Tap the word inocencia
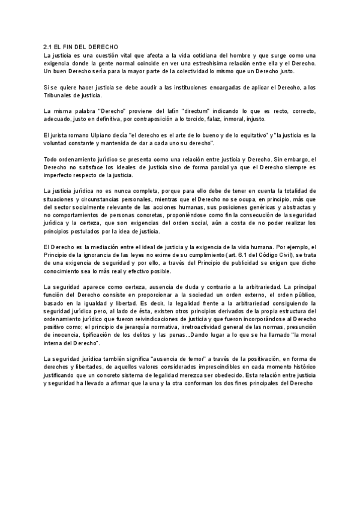click(x=66, y=336)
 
